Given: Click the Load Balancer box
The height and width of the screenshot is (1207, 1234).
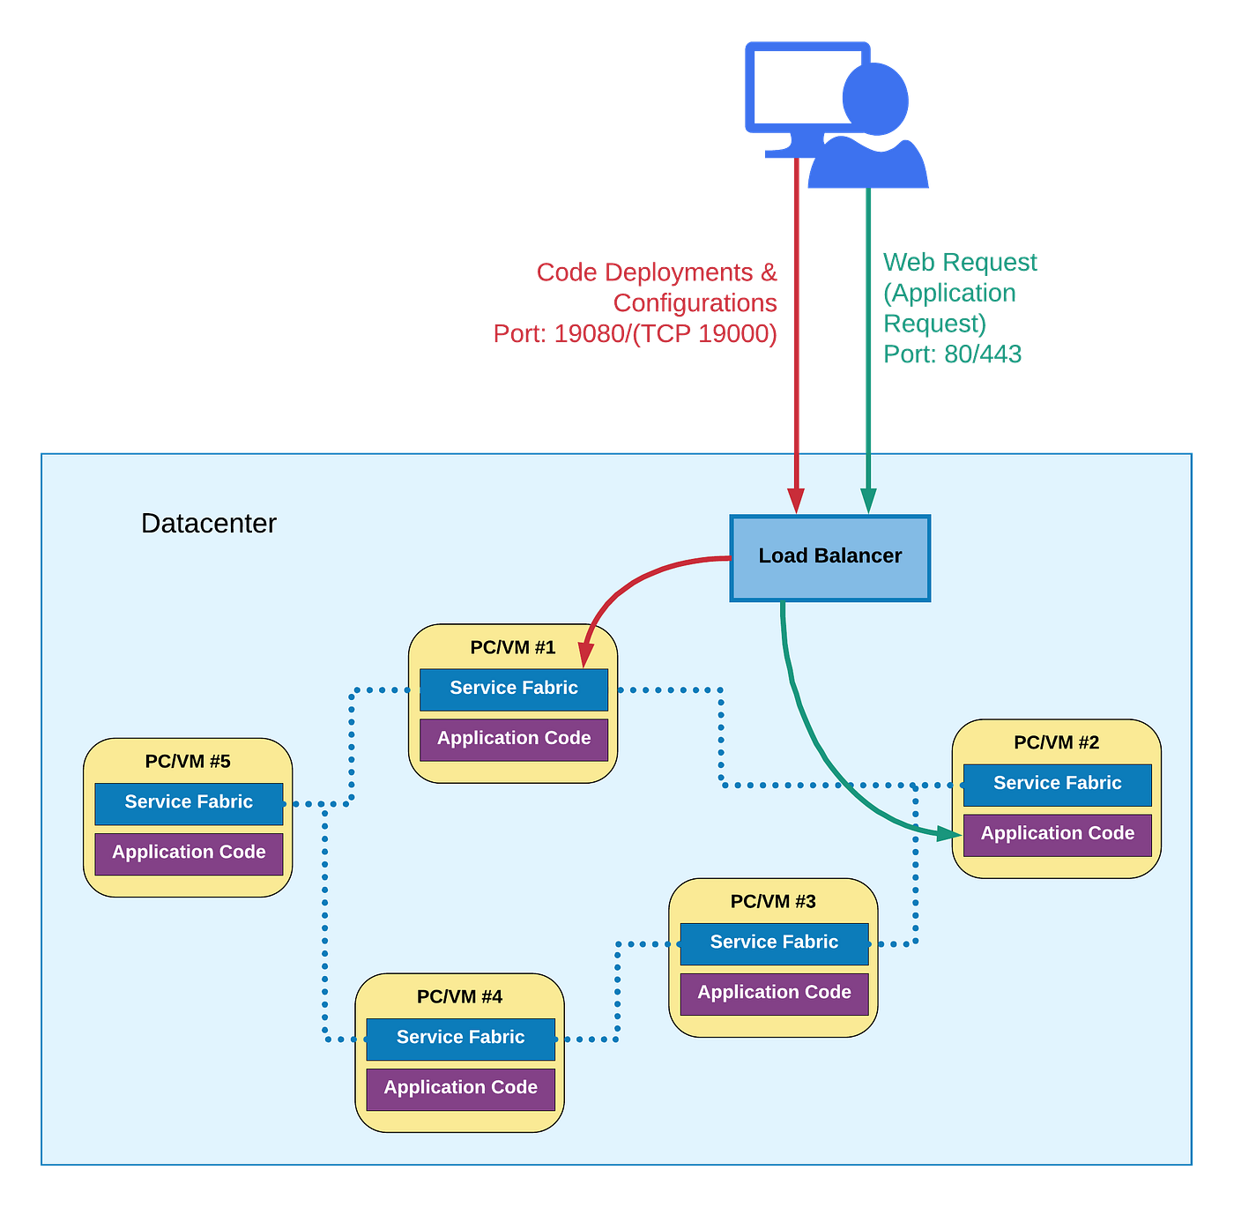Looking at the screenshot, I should point(829,557).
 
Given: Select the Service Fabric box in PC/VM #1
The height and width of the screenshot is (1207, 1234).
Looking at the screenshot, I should point(514,689).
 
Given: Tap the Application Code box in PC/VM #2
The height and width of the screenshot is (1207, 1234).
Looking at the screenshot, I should point(1057,834).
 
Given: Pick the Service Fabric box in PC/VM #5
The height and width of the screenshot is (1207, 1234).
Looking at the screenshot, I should point(189,802).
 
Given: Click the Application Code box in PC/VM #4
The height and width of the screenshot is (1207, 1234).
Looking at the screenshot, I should point(460,1088).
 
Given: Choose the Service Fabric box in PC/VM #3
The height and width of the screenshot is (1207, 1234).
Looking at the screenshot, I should point(774,943).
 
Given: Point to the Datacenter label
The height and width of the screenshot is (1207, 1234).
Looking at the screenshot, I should point(209,524).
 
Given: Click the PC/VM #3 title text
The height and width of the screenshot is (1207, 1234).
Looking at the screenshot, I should point(773,901).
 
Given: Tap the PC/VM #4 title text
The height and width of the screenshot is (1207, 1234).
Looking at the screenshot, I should point(459,996).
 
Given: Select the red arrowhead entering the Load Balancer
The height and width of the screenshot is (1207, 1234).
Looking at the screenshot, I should point(796,500).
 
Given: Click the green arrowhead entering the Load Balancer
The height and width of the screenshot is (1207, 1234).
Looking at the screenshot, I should point(868,500).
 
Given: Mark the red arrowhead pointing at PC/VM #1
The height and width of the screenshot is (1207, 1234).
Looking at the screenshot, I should point(585,655).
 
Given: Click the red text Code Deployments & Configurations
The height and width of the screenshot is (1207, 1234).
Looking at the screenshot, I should point(656,287).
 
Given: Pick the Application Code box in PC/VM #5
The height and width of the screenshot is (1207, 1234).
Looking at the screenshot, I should point(189,853).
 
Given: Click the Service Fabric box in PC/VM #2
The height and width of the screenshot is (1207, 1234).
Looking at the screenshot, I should point(1057,784).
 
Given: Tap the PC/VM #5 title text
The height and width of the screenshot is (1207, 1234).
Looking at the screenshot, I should point(188,761).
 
